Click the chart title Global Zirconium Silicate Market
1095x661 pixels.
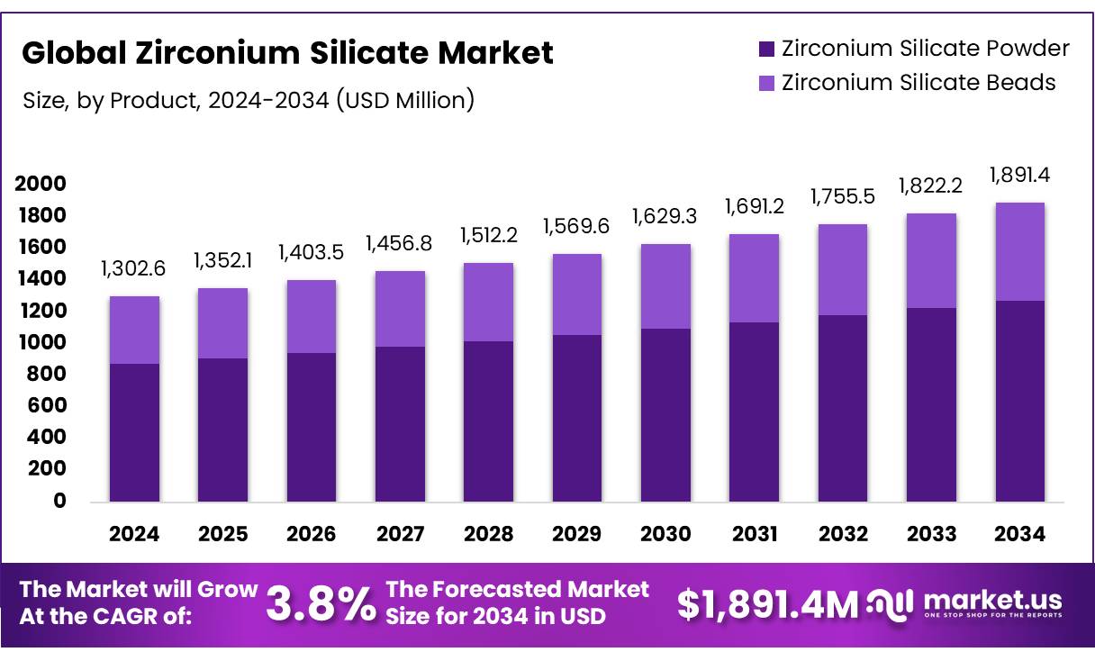coord(287,53)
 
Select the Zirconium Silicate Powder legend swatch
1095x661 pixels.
coord(766,49)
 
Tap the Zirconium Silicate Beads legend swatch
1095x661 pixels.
coord(766,83)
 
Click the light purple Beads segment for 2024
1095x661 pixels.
coord(134,330)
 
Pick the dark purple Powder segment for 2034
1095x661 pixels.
coord(1019,401)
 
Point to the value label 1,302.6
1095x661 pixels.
coord(134,267)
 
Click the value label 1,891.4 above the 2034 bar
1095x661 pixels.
coord(1019,175)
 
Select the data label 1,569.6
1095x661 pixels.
coord(576,226)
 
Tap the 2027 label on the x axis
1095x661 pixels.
coord(400,534)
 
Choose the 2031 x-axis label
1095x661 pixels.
coord(754,534)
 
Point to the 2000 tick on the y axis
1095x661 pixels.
coord(41,184)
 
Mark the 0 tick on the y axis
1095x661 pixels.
coord(59,501)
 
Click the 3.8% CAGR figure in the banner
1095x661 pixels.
coord(321,604)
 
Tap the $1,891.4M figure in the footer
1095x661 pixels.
coord(767,604)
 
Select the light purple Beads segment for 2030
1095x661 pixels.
coord(665,285)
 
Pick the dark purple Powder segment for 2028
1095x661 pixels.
coord(488,421)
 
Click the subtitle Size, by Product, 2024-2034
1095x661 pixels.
coord(248,100)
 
